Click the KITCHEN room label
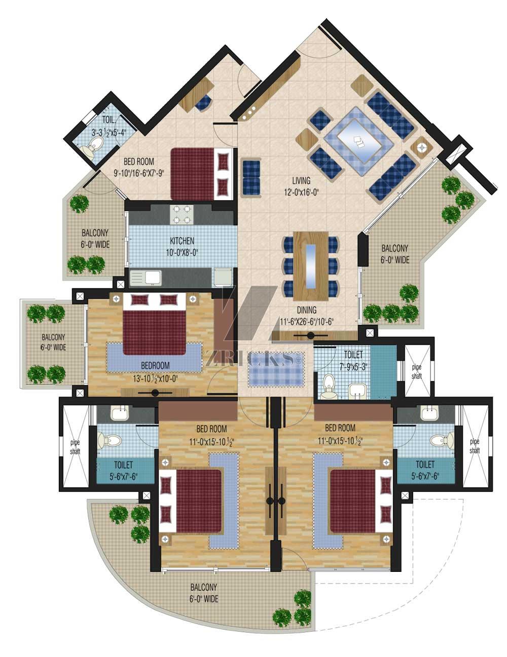pyautogui.click(x=182, y=241)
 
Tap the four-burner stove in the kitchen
pyautogui.click(x=182, y=215)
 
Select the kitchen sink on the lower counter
pyautogui.click(x=146, y=278)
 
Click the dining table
pyautogui.click(x=311, y=266)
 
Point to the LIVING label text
pyautogui.click(x=301, y=181)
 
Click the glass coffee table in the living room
pyautogui.click(x=358, y=141)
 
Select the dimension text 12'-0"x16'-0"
pyautogui.click(x=302, y=192)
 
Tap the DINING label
pyautogui.click(x=306, y=310)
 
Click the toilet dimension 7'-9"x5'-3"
pyautogui.click(x=353, y=367)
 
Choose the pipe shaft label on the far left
pyautogui.click(x=75, y=447)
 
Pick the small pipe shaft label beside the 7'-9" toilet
pyautogui.click(x=417, y=372)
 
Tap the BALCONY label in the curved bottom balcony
pyautogui.click(x=204, y=588)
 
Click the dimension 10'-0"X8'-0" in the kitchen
pyautogui.click(x=182, y=252)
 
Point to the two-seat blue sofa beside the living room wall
pyautogui.click(x=251, y=177)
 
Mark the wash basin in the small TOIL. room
pyautogui.click(x=88, y=152)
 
